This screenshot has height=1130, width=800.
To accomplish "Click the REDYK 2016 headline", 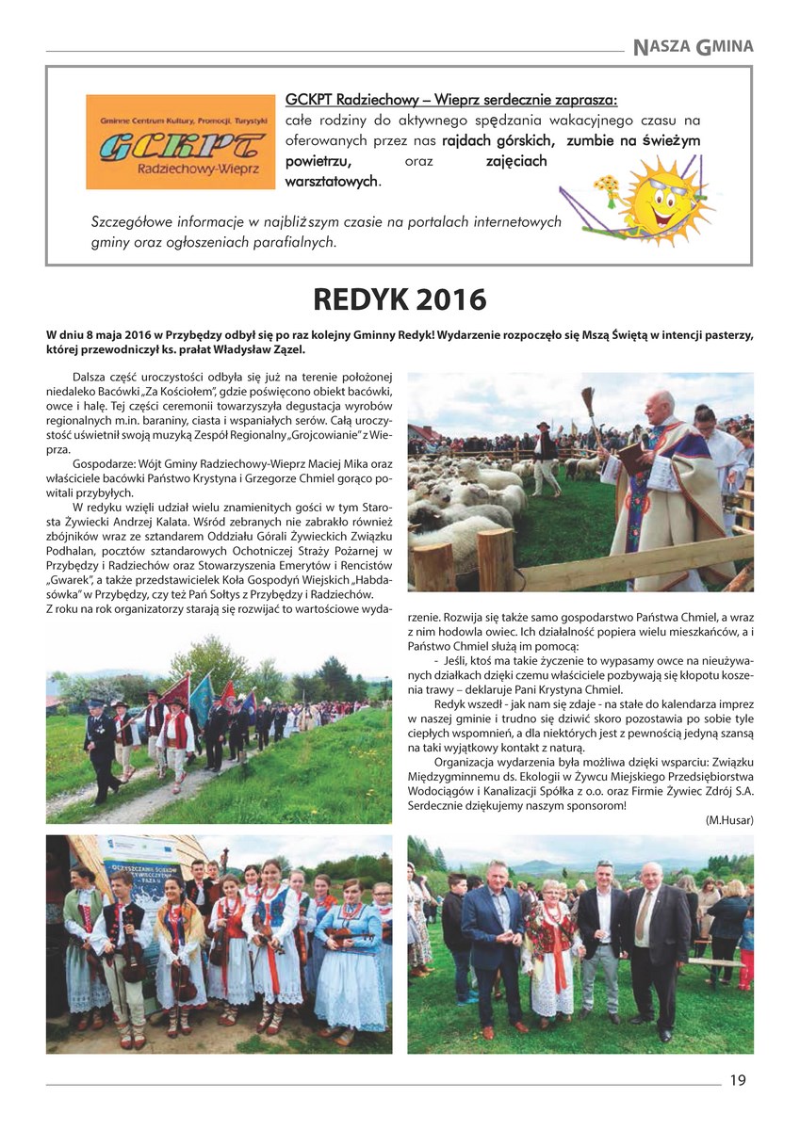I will tap(400, 300).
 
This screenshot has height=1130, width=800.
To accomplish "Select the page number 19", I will tap(737, 1080).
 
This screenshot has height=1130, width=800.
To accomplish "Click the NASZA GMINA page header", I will tap(693, 45).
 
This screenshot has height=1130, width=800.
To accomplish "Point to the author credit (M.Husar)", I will tap(728, 819).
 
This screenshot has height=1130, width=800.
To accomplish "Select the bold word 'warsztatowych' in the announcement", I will tap(330, 181).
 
